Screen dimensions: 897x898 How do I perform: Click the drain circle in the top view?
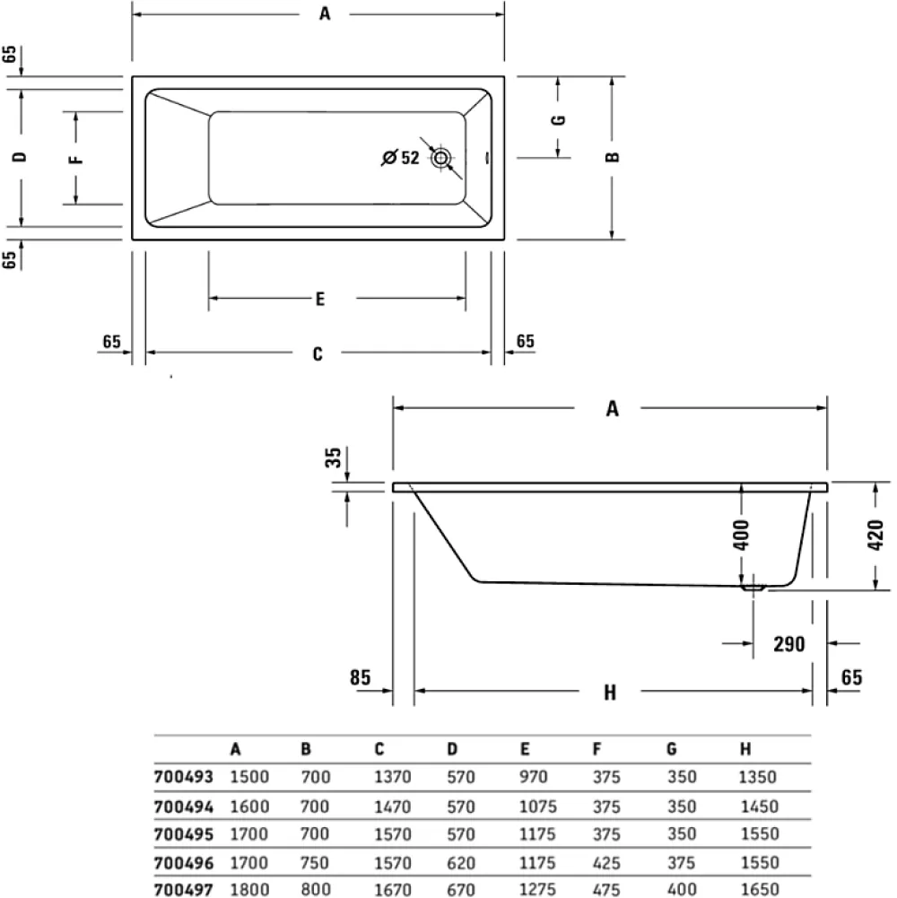tap(441, 158)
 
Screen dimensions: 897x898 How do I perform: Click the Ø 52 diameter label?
tap(401, 158)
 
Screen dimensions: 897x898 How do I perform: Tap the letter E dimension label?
tap(320, 299)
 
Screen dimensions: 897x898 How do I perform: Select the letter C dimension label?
tap(318, 354)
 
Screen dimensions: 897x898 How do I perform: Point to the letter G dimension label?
tap(559, 119)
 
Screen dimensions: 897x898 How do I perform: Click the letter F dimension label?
tap(76, 158)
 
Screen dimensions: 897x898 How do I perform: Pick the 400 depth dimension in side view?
tap(742, 535)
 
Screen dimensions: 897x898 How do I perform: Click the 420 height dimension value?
tap(876, 535)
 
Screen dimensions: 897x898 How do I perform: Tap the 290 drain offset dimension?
tap(789, 644)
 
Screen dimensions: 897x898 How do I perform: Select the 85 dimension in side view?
tap(361, 677)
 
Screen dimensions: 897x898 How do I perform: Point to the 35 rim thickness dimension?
tap(334, 457)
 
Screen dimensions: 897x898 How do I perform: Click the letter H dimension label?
tap(610, 693)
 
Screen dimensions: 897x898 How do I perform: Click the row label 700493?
tap(183, 777)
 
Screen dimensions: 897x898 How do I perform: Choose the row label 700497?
tap(183, 889)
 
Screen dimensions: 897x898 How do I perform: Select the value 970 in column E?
tap(534, 777)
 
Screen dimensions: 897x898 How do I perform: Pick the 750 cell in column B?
tap(315, 862)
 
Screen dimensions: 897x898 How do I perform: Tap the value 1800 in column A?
tap(249, 889)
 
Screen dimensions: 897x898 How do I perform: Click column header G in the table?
tap(672, 749)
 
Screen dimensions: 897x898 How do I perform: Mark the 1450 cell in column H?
tap(760, 806)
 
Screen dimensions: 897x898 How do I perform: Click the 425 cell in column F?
tap(606, 862)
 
